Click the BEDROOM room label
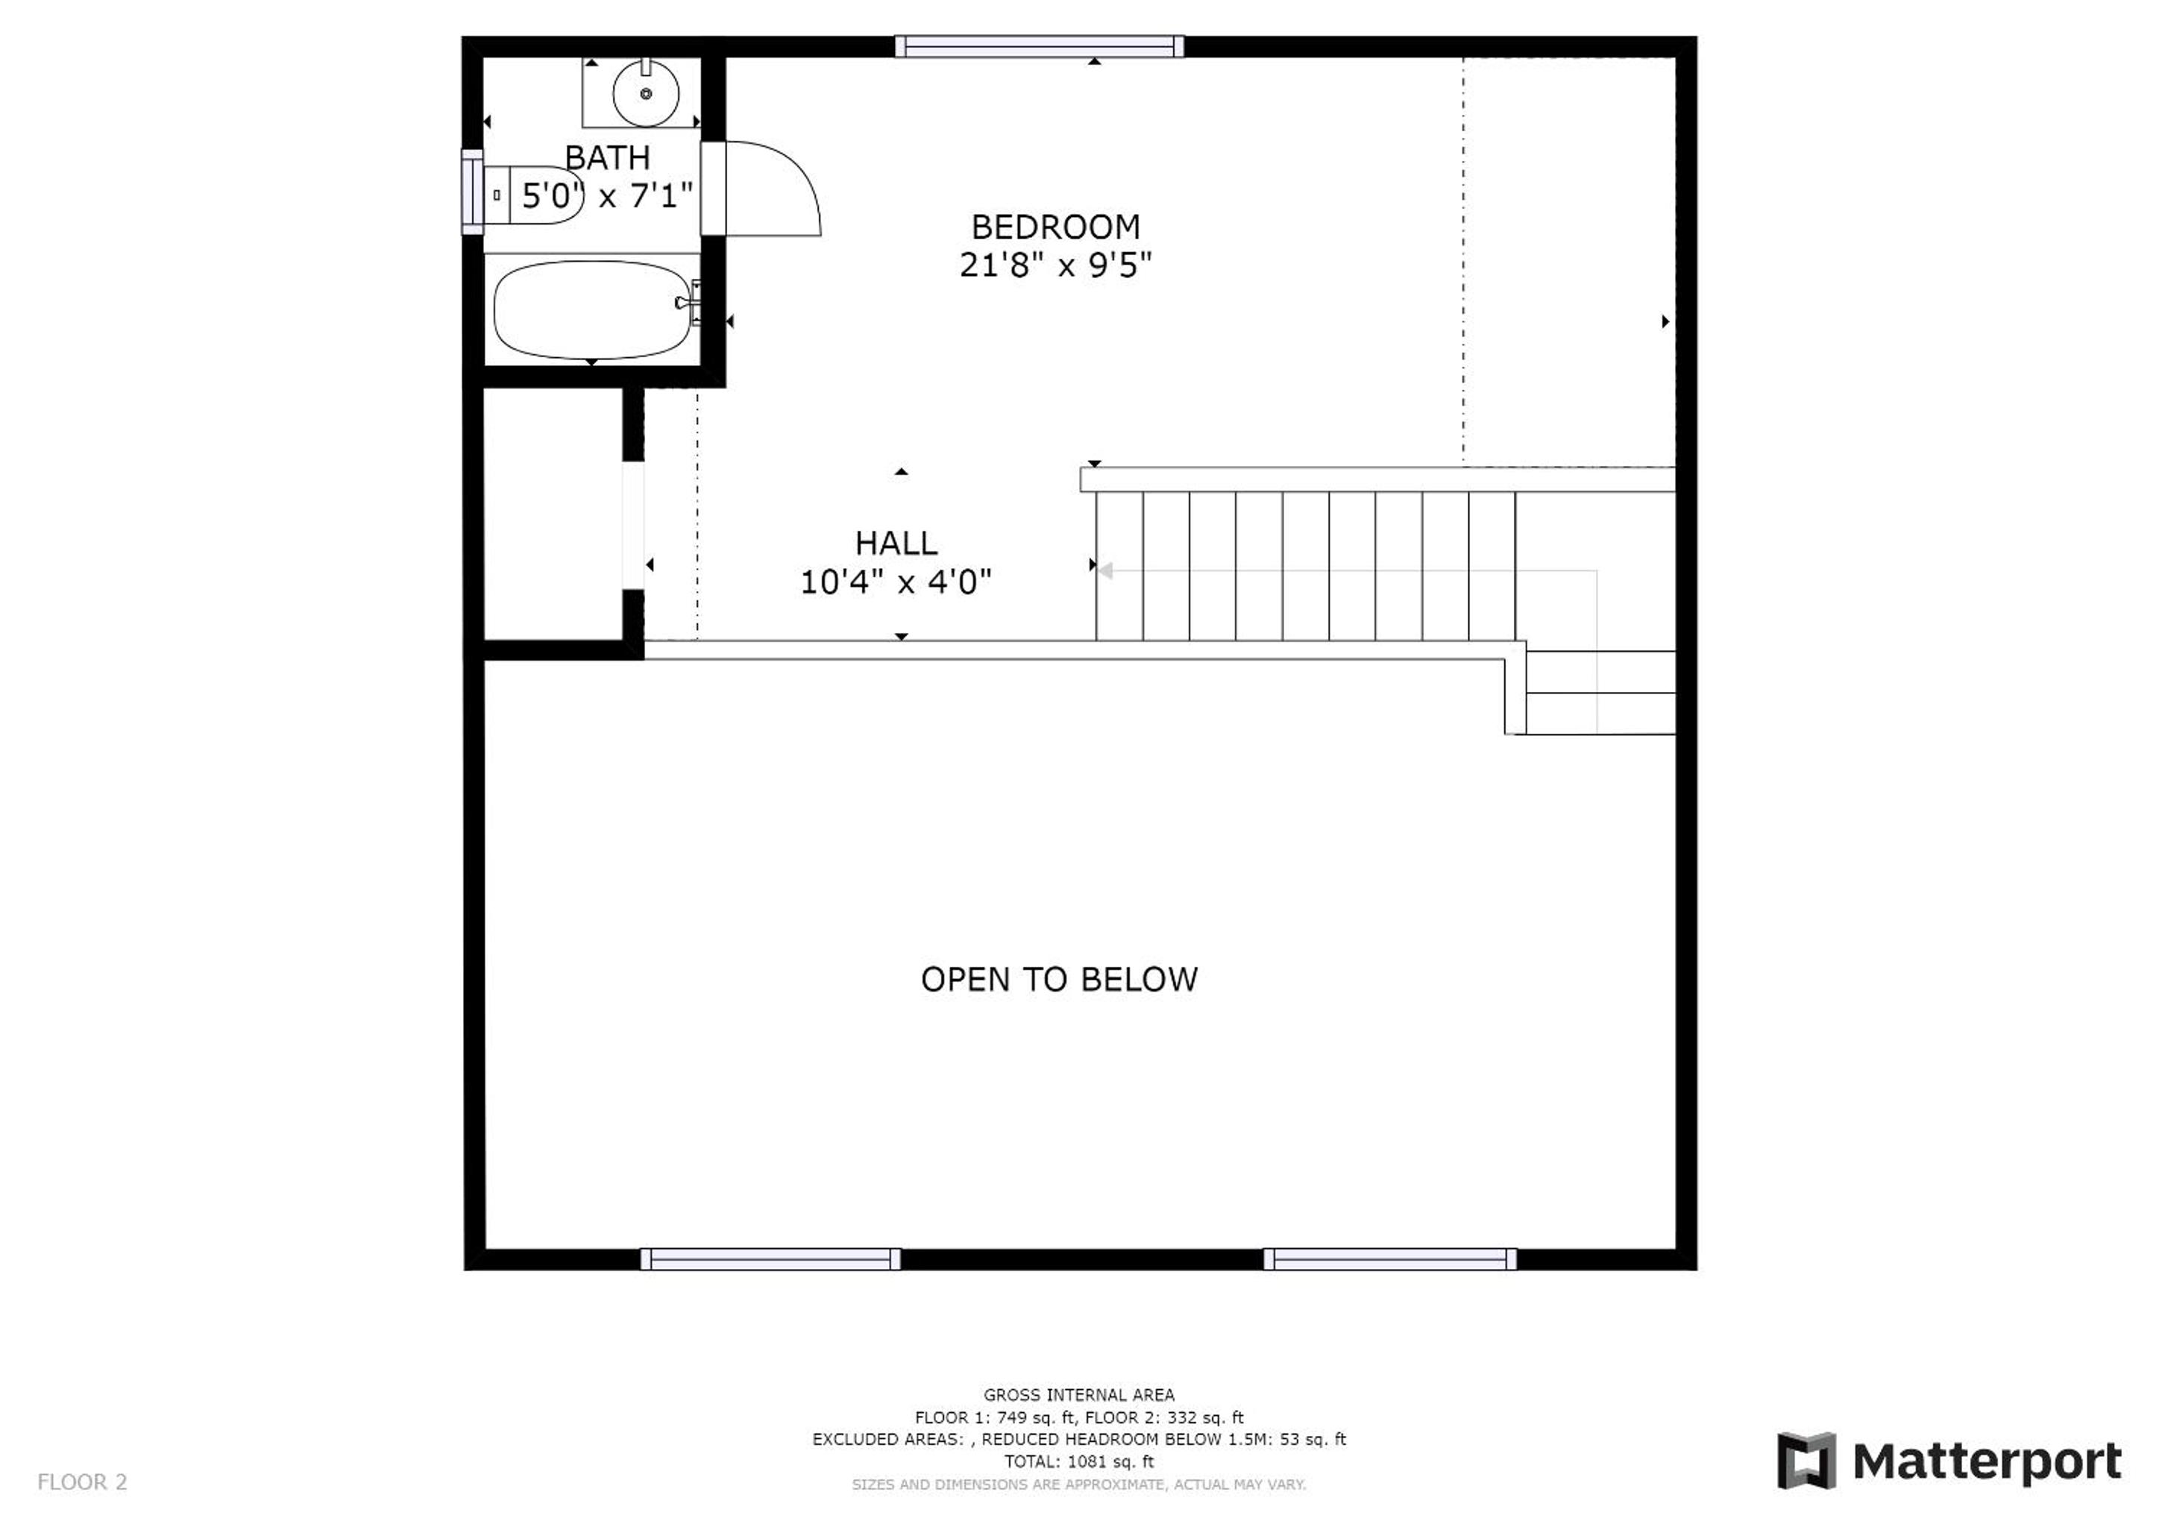(1055, 227)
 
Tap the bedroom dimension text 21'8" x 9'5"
(1055, 265)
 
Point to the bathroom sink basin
(646, 93)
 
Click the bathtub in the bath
(592, 310)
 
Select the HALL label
(896, 544)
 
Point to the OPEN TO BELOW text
(1059, 980)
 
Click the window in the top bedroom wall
(1039, 46)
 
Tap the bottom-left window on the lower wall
(770, 1259)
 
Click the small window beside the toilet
(472, 192)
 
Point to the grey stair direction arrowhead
(1106, 570)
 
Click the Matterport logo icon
(1806, 1461)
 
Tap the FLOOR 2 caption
(82, 1483)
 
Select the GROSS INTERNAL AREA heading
(1078, 1395)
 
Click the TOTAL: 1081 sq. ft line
(1078, 1462)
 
